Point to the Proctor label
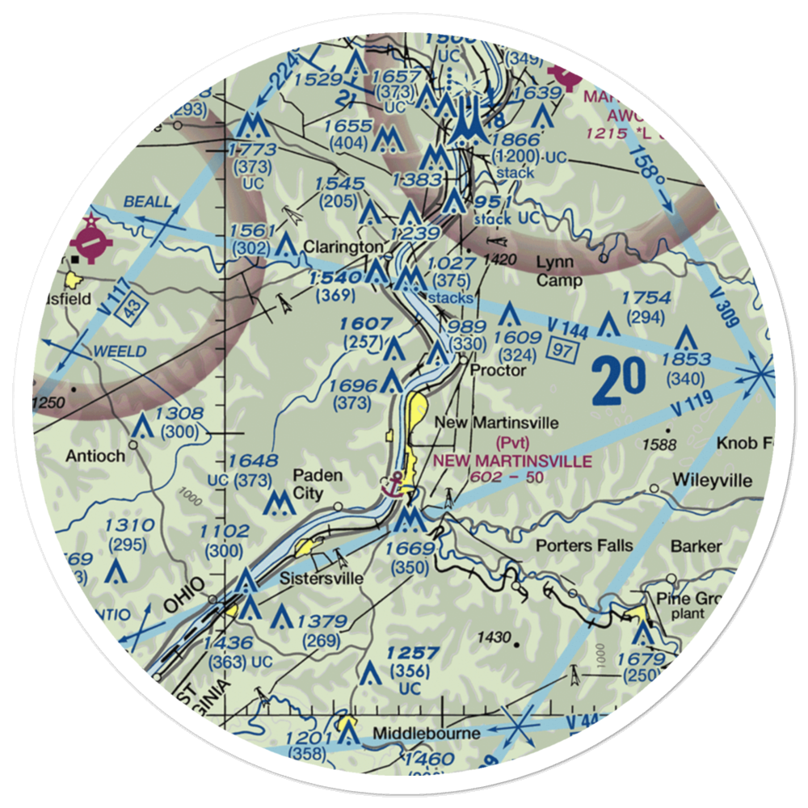coord(498,370)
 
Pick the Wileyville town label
coord(711,481)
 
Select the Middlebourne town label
coord(427,734)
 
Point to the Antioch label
coord(95,456)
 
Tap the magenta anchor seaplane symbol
coord(393,483)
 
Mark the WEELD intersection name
coord(120,351)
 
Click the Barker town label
coord(696,546)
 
